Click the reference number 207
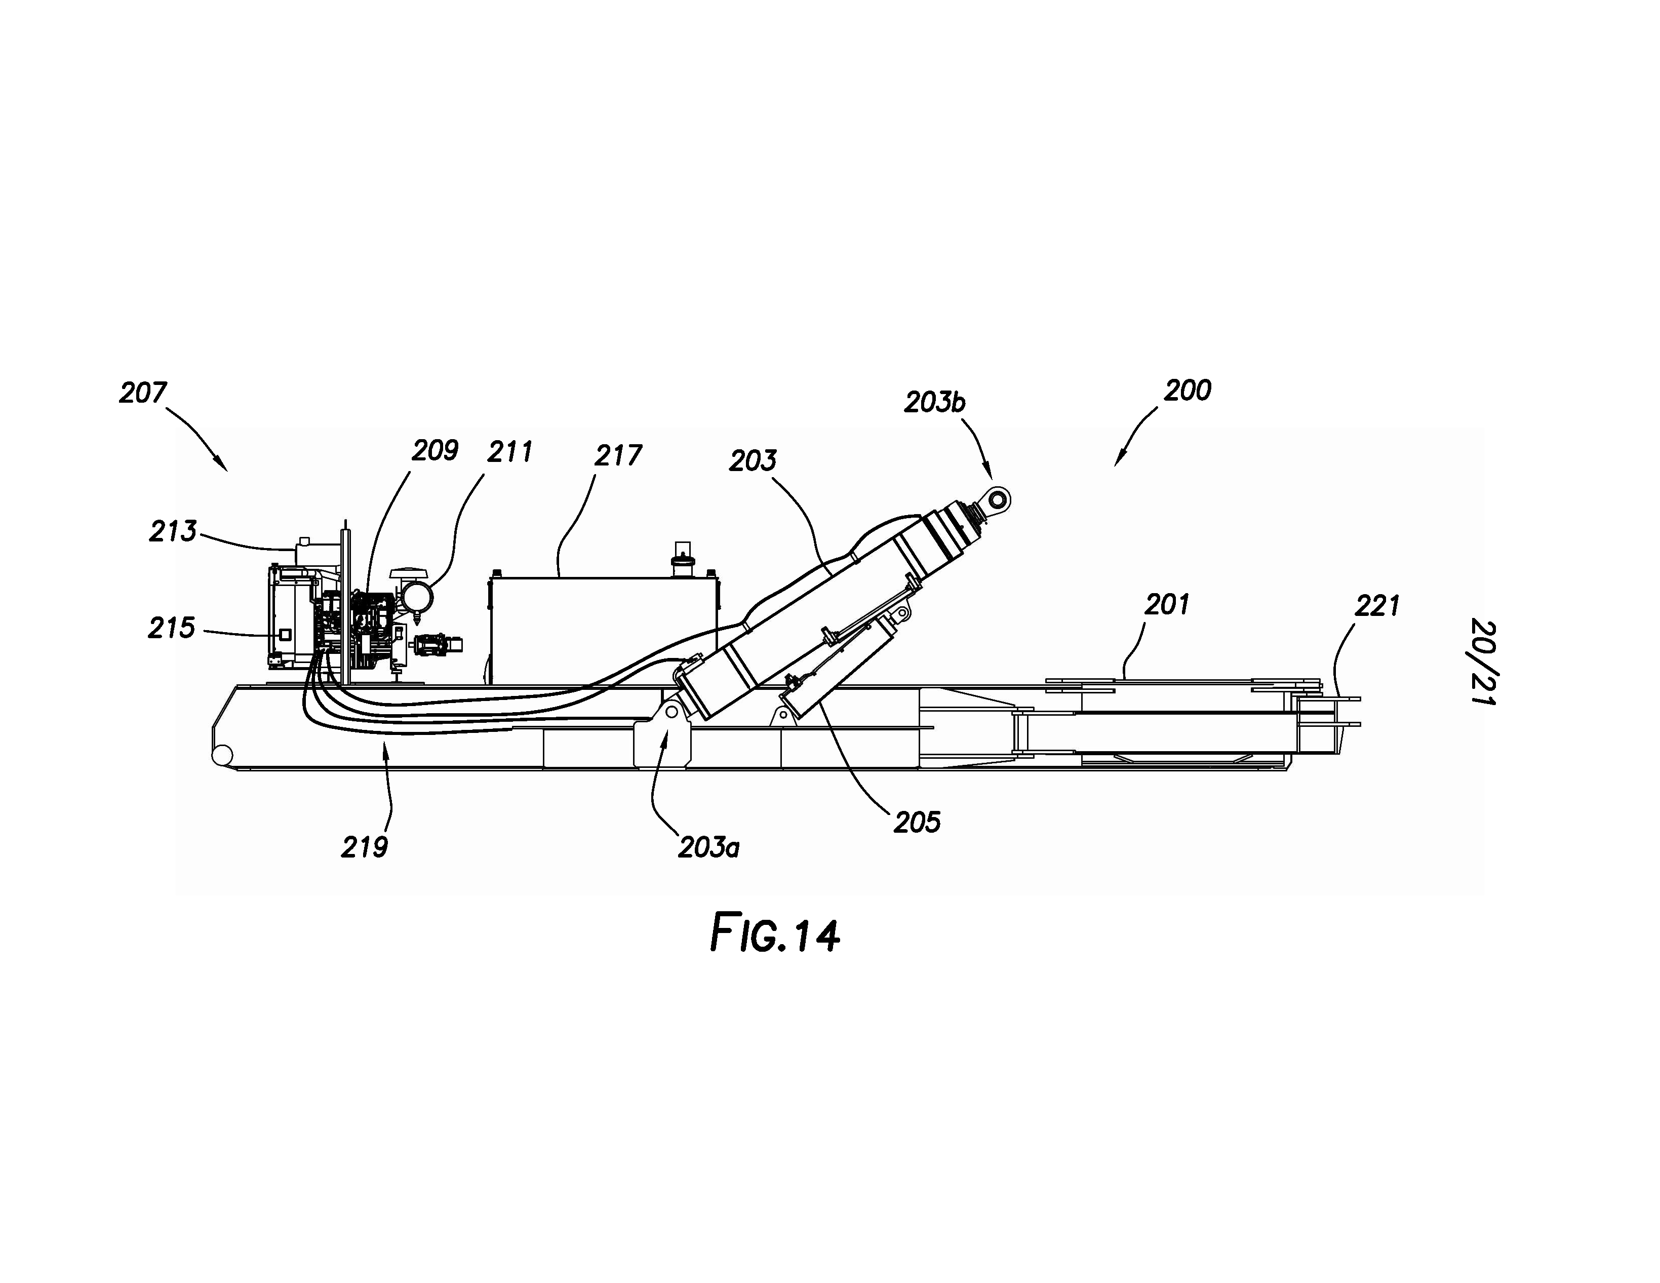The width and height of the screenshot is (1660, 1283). click(x=142, y=393)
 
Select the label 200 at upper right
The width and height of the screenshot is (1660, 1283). click(x=1187, y=391)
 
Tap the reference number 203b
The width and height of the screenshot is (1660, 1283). click(x=934, y=402)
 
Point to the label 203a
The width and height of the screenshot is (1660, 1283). click(x=708, y=847)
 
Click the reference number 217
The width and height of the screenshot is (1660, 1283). click(x=618, y=455)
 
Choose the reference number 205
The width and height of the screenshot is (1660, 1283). click(x=917, y=823)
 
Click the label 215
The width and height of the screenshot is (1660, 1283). click(x=171, y=628)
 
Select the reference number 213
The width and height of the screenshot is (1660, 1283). click(x=173, y=531)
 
